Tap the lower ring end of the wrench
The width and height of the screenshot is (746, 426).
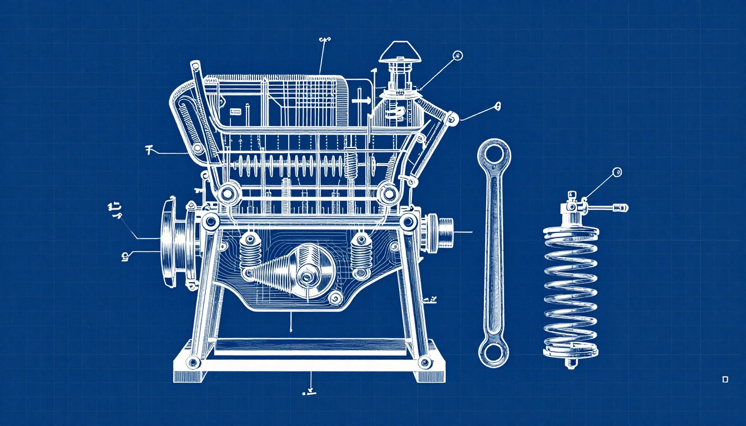[493, 352]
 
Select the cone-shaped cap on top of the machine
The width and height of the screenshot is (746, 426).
[400, 52]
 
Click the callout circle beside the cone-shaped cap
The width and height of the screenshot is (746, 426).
[458, 55]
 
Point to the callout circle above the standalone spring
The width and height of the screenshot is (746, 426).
[617, 172]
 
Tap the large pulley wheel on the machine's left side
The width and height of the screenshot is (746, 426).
[169, 242]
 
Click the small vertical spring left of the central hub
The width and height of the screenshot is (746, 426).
[250, 251]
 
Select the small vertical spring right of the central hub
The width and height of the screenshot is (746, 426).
[361, 253]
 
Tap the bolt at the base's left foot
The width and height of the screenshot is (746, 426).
[193, 363]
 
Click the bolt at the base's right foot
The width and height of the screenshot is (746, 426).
[425, 363]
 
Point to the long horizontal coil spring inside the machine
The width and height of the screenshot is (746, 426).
[289, 165]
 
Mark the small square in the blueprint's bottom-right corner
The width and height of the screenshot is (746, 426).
[725, 379]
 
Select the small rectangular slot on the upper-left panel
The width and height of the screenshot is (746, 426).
[235, 112]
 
